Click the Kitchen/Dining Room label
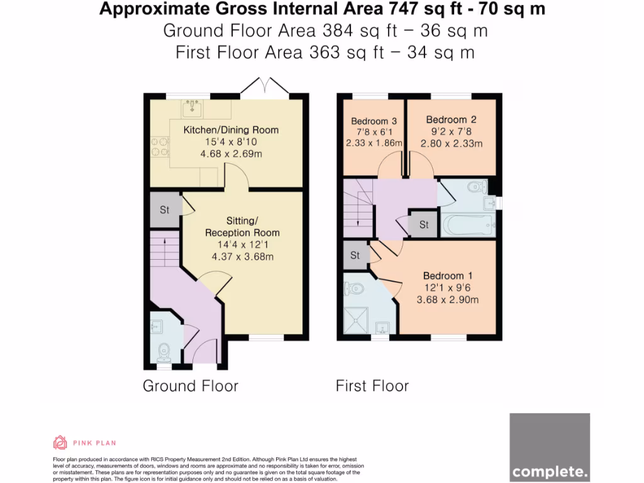230,130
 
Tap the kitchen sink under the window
192,109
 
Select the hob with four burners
160,147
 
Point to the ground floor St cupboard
164,210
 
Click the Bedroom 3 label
374,121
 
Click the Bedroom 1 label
447,275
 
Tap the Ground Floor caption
191,386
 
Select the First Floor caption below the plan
372,386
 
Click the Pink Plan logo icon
60,443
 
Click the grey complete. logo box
550,447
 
